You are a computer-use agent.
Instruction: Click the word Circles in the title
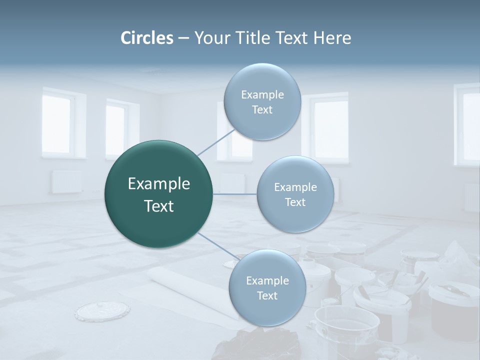[147, 38]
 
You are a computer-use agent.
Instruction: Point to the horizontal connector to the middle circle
[235, 194]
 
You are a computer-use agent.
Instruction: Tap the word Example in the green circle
[159, 184]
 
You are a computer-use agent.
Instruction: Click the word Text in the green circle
[159, 206]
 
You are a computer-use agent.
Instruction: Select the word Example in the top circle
[262, 95]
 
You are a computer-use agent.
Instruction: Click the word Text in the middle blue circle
[295, 202]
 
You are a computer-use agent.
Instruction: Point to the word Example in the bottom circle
[267, 280]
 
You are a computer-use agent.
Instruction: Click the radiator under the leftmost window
[66, 181]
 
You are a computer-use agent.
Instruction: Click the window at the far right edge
[468, 125]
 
